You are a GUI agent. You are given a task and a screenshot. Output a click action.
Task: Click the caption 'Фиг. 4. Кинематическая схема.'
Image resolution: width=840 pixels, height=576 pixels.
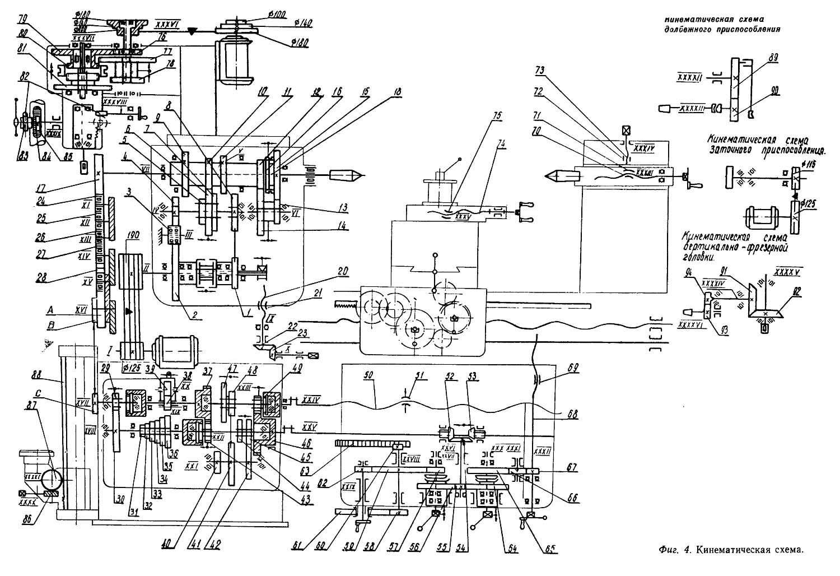click(731, 550)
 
